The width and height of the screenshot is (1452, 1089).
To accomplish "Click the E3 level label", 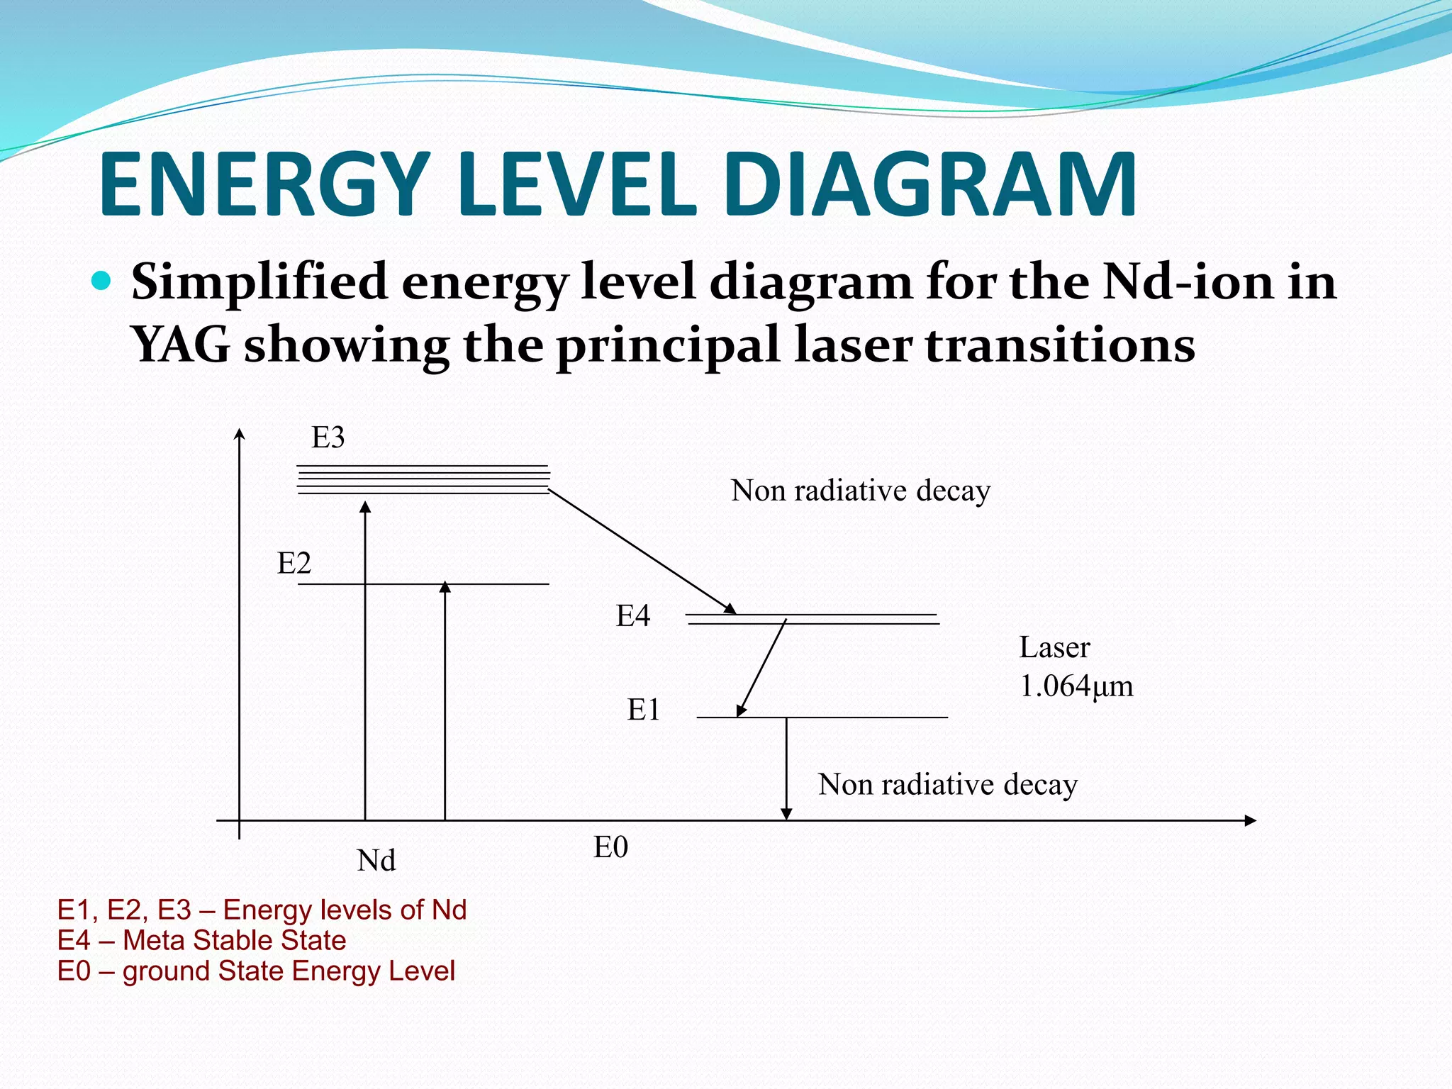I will click(328, 438).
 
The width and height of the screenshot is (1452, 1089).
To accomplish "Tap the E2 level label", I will click(294, 564).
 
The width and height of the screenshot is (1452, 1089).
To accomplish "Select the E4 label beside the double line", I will click(632, 616).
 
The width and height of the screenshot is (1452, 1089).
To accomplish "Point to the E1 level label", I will click(643, 710).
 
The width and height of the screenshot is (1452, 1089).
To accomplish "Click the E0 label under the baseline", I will click(610, 847).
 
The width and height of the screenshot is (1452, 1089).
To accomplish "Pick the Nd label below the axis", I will click(376, 861).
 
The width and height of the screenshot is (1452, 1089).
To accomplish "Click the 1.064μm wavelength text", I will click(1076, 686).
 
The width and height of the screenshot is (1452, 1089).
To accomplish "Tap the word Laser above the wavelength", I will click(1054, 647).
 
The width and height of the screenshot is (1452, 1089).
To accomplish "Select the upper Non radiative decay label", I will click(860, 491).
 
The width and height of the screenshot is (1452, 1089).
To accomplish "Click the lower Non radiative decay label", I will click(947, 785).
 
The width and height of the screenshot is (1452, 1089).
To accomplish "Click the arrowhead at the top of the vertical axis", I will click(240, 434).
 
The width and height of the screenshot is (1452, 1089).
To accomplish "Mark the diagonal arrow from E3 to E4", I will click(642, 552).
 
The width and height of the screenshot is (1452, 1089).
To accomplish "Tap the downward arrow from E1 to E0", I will click(786, 769).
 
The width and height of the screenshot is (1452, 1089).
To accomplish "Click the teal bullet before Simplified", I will click(102, 281).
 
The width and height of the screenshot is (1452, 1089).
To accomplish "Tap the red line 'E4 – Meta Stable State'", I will click(201, 941).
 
